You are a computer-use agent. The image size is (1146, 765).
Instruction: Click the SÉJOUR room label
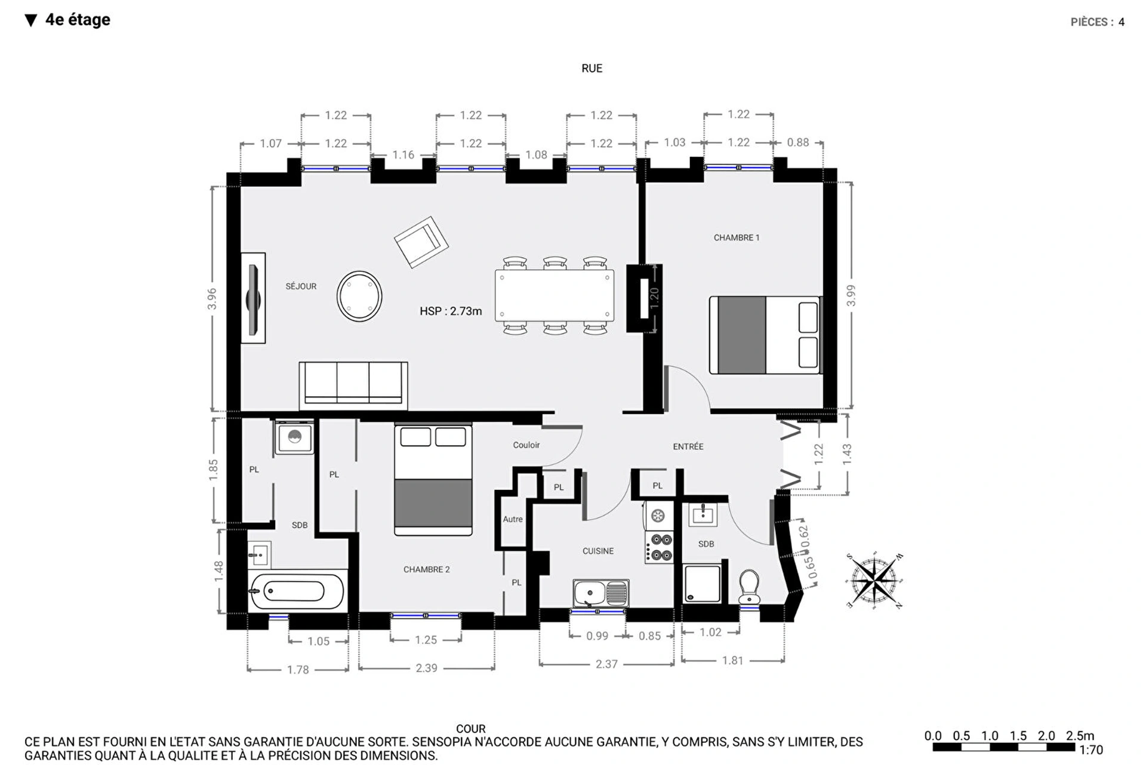[x=301, y=286]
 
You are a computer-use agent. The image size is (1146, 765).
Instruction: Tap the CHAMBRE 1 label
[x=736, y=237]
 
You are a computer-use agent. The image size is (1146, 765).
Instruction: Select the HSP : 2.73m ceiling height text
[x=450, y=311]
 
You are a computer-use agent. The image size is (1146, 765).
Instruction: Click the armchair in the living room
[x=421, y=242]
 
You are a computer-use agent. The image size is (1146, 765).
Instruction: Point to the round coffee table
[x=359, y=296]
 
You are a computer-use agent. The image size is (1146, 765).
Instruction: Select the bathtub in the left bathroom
[x=297, y=591]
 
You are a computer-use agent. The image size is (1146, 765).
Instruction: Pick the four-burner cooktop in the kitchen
[x=660, y=547]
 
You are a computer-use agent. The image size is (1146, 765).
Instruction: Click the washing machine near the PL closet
[x=294, y=437]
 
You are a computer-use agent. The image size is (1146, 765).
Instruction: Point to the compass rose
[x=874, y=580]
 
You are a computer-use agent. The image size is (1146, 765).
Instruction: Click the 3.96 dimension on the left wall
[x=212, y=298]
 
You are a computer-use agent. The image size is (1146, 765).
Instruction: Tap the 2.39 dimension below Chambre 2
[x=426, y=668]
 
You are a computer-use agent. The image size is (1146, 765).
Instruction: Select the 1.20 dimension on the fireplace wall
[x=654, y=297]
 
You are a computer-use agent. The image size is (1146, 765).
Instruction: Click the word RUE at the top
[x=592, y=69]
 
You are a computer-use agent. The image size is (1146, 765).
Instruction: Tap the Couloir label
[x=526, y=445]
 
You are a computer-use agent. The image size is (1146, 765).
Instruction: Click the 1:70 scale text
[x=1090, y=749]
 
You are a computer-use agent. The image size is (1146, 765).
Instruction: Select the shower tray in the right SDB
[x=701, y=583]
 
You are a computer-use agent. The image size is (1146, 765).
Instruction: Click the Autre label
[x=512, y=519]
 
